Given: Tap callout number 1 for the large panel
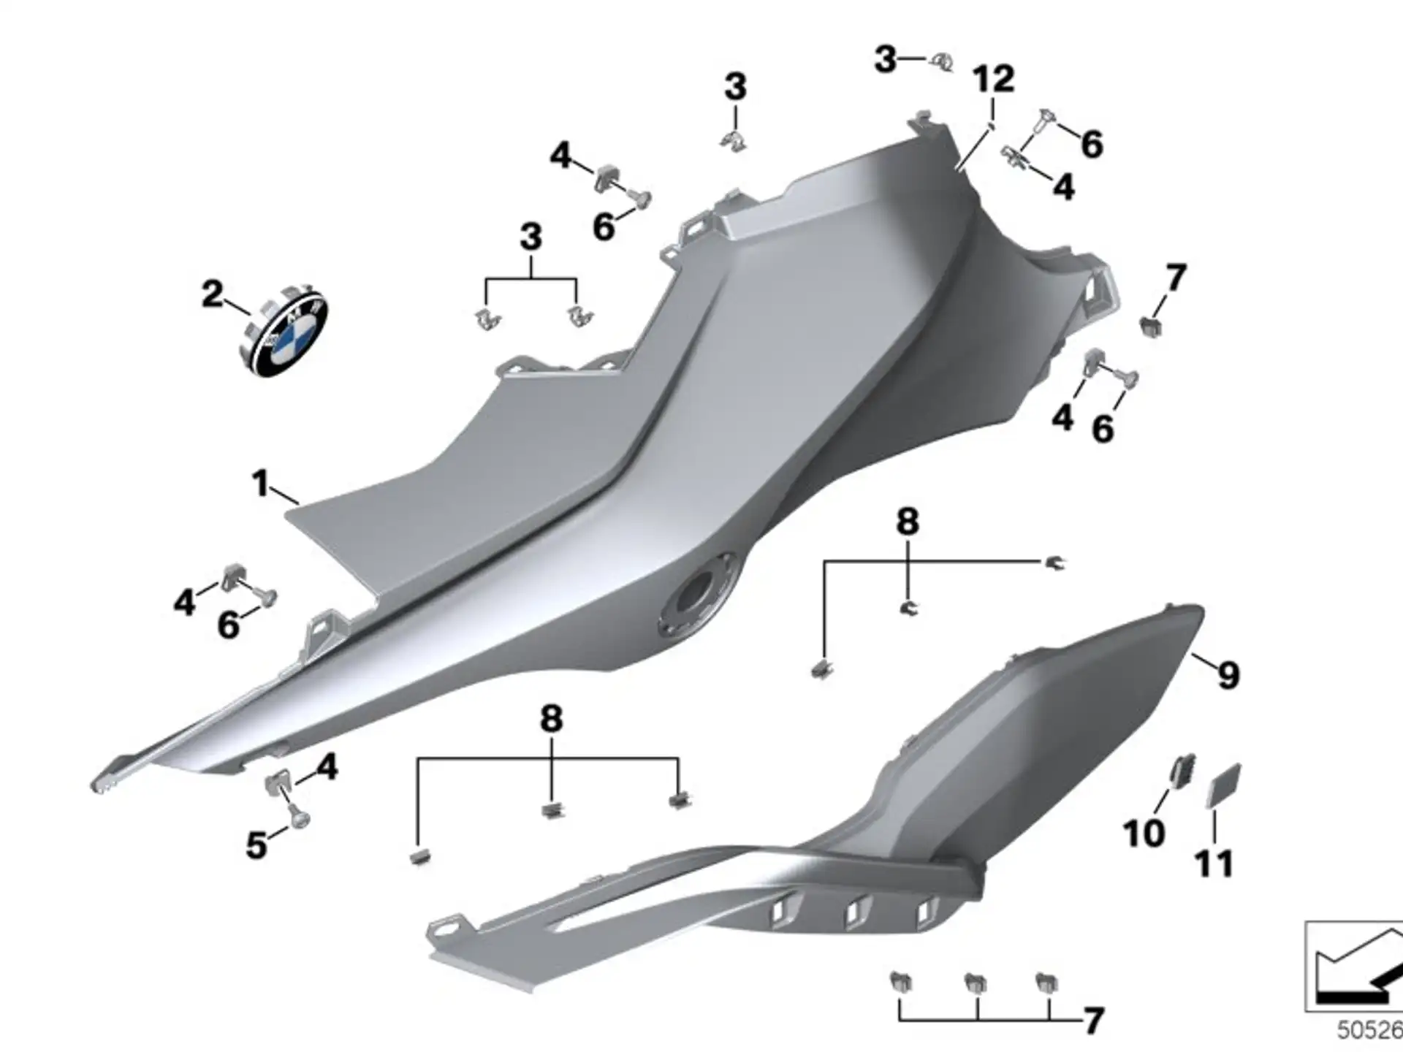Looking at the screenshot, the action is (260, 484).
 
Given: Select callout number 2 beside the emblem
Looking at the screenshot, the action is (212, 294).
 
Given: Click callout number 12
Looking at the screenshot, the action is (994, 79).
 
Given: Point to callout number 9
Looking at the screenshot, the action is (1228, 675).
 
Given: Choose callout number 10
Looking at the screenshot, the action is (1144, 834).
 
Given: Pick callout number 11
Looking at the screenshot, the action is (1214, 864).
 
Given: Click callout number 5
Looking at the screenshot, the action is (256, 845).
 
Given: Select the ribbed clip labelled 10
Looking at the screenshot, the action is (1181, 771).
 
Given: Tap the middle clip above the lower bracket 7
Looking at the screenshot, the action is (975, 983).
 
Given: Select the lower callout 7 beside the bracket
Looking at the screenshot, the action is (1092, 1021).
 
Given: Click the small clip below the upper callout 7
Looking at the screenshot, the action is (1151, 326).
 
